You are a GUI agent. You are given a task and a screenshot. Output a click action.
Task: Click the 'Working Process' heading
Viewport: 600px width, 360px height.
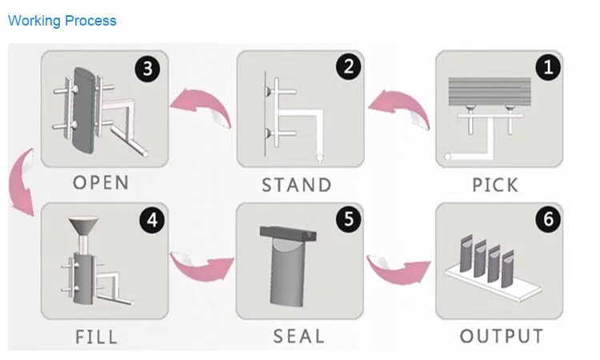[x=62, y=21]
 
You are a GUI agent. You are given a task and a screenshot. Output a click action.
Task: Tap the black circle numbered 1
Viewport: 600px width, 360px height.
[x=548, y=67]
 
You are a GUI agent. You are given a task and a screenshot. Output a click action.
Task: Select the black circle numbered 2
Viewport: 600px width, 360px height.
[x=348, y=66]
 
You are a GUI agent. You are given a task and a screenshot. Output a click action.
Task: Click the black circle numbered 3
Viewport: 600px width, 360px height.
[x=148, y=69]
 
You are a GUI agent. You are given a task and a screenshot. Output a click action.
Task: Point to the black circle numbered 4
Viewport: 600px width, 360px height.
[x=152, y=220]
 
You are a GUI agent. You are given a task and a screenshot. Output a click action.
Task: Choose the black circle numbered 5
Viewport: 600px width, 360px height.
[x=348, y=219]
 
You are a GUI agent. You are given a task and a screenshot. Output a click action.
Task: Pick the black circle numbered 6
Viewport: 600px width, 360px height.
[x=548, y=219]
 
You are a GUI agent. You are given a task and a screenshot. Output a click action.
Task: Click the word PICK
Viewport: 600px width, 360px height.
[x=495, y=185]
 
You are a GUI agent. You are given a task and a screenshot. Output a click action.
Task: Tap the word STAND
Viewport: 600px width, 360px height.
[x=297, y=185]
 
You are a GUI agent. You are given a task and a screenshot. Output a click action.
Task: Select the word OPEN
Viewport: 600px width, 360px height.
[x=101, y=182]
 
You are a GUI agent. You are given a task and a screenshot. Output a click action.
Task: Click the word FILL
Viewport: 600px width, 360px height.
[x=97, y=337]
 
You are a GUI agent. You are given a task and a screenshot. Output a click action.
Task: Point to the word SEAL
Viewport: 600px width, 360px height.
[x=299, y=336]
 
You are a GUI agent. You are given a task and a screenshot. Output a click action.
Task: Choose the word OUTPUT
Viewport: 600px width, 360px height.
[x=502, y=336]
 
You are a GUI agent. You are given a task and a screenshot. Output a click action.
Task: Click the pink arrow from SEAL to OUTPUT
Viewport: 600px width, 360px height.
[x=398, y=270]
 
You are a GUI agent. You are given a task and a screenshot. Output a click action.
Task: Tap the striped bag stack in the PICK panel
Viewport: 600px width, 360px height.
[x=490, y=92]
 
